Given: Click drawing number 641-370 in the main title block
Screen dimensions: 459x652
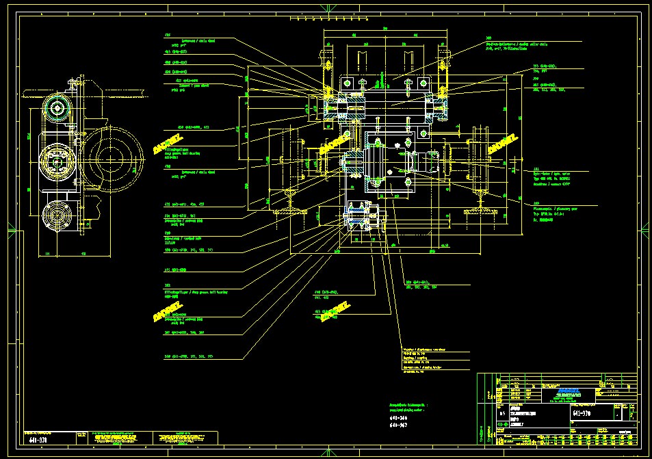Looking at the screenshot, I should [x=582, y=414].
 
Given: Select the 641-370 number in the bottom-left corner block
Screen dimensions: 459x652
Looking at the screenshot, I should [x=38, y=441].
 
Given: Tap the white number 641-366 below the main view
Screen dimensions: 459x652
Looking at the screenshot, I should [x=399, y=417].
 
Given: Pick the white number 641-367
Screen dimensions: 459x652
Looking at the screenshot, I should [x=399, y=425].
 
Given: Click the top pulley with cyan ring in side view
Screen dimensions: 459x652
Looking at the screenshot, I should [x=56, y=108].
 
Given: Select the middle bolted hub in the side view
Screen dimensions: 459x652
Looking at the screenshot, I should [x=56, y=162].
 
